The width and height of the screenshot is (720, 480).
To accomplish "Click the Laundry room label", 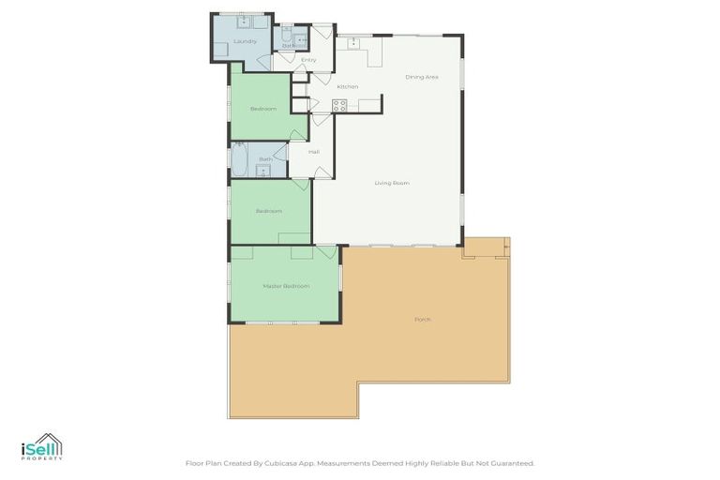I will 245,41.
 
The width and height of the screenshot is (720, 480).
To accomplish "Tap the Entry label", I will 308,60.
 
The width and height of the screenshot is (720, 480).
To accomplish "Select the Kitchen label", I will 348,87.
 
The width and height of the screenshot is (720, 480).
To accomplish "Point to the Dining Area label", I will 422,77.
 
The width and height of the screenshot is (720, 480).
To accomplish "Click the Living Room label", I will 392,183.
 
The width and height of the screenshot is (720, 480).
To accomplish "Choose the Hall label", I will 314,152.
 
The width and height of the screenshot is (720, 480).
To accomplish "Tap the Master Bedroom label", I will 286,286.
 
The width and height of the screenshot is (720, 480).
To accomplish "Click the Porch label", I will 423,320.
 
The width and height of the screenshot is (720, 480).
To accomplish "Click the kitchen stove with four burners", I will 338,105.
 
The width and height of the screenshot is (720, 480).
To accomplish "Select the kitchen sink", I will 354,42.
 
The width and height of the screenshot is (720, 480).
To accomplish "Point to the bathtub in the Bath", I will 240,160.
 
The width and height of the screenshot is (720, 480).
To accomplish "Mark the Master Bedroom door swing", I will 326,252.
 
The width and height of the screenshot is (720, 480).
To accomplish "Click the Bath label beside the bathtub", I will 265,159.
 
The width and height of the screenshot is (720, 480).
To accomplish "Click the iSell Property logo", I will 42,447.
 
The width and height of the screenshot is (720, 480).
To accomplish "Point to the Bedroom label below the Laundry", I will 263,109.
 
